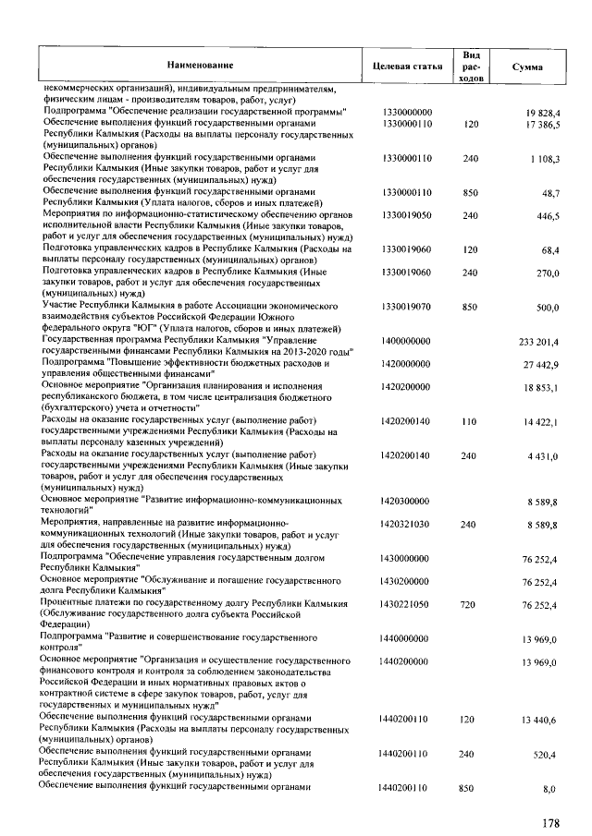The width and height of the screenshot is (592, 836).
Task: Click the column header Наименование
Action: [x=200, y=67]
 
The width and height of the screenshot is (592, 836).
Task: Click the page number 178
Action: [x=552, y=818]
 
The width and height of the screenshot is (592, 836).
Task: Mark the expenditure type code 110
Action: [x=470, y=422]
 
